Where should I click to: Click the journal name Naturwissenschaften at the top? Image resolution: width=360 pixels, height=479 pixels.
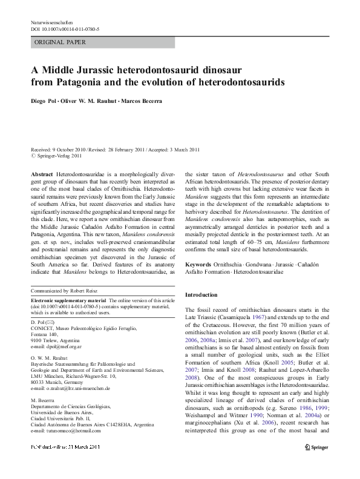pos(56,22)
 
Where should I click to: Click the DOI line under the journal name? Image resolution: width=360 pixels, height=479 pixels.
pos(65,29)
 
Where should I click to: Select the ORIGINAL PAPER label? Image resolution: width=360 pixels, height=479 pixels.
pos(61,42)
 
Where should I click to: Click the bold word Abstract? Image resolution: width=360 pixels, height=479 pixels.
pos(42,174)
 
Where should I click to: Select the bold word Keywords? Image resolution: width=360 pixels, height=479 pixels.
pos(198,265)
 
